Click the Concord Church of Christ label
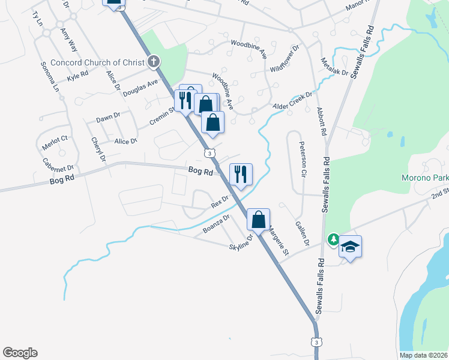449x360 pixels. pyautogui.click(x=98, y=62)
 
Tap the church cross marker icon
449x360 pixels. pyautogui.click(x=154, y=61)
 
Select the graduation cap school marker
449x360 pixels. pyautogui.click(x=351, y=247)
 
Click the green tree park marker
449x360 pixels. pyautogui.click(x=333, y=239)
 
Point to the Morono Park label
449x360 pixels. pyautogui.click(x=424, y=178)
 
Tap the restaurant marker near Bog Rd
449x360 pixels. pyautogui.click(x=241, y=175)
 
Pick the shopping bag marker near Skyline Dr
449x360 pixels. pyautogui.click(x=258, y=220)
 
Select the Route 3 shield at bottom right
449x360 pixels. pyautogui.click(x=316, y=341)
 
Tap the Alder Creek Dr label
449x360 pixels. pyautogui.click(x=294, y=100)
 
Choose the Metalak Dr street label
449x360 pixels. pyautogui.click(x=334, y=64)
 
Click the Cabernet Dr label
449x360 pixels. pyautogui.click(x=58, y=164)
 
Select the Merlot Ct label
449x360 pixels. pyautogui.click(x=55, y=142)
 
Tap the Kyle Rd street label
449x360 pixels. pyautogui.click(x=77, y=76)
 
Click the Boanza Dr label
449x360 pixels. pyautogui.click(x=216, y=223)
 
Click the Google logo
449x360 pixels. pyautogui.click(x=20, y=353)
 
